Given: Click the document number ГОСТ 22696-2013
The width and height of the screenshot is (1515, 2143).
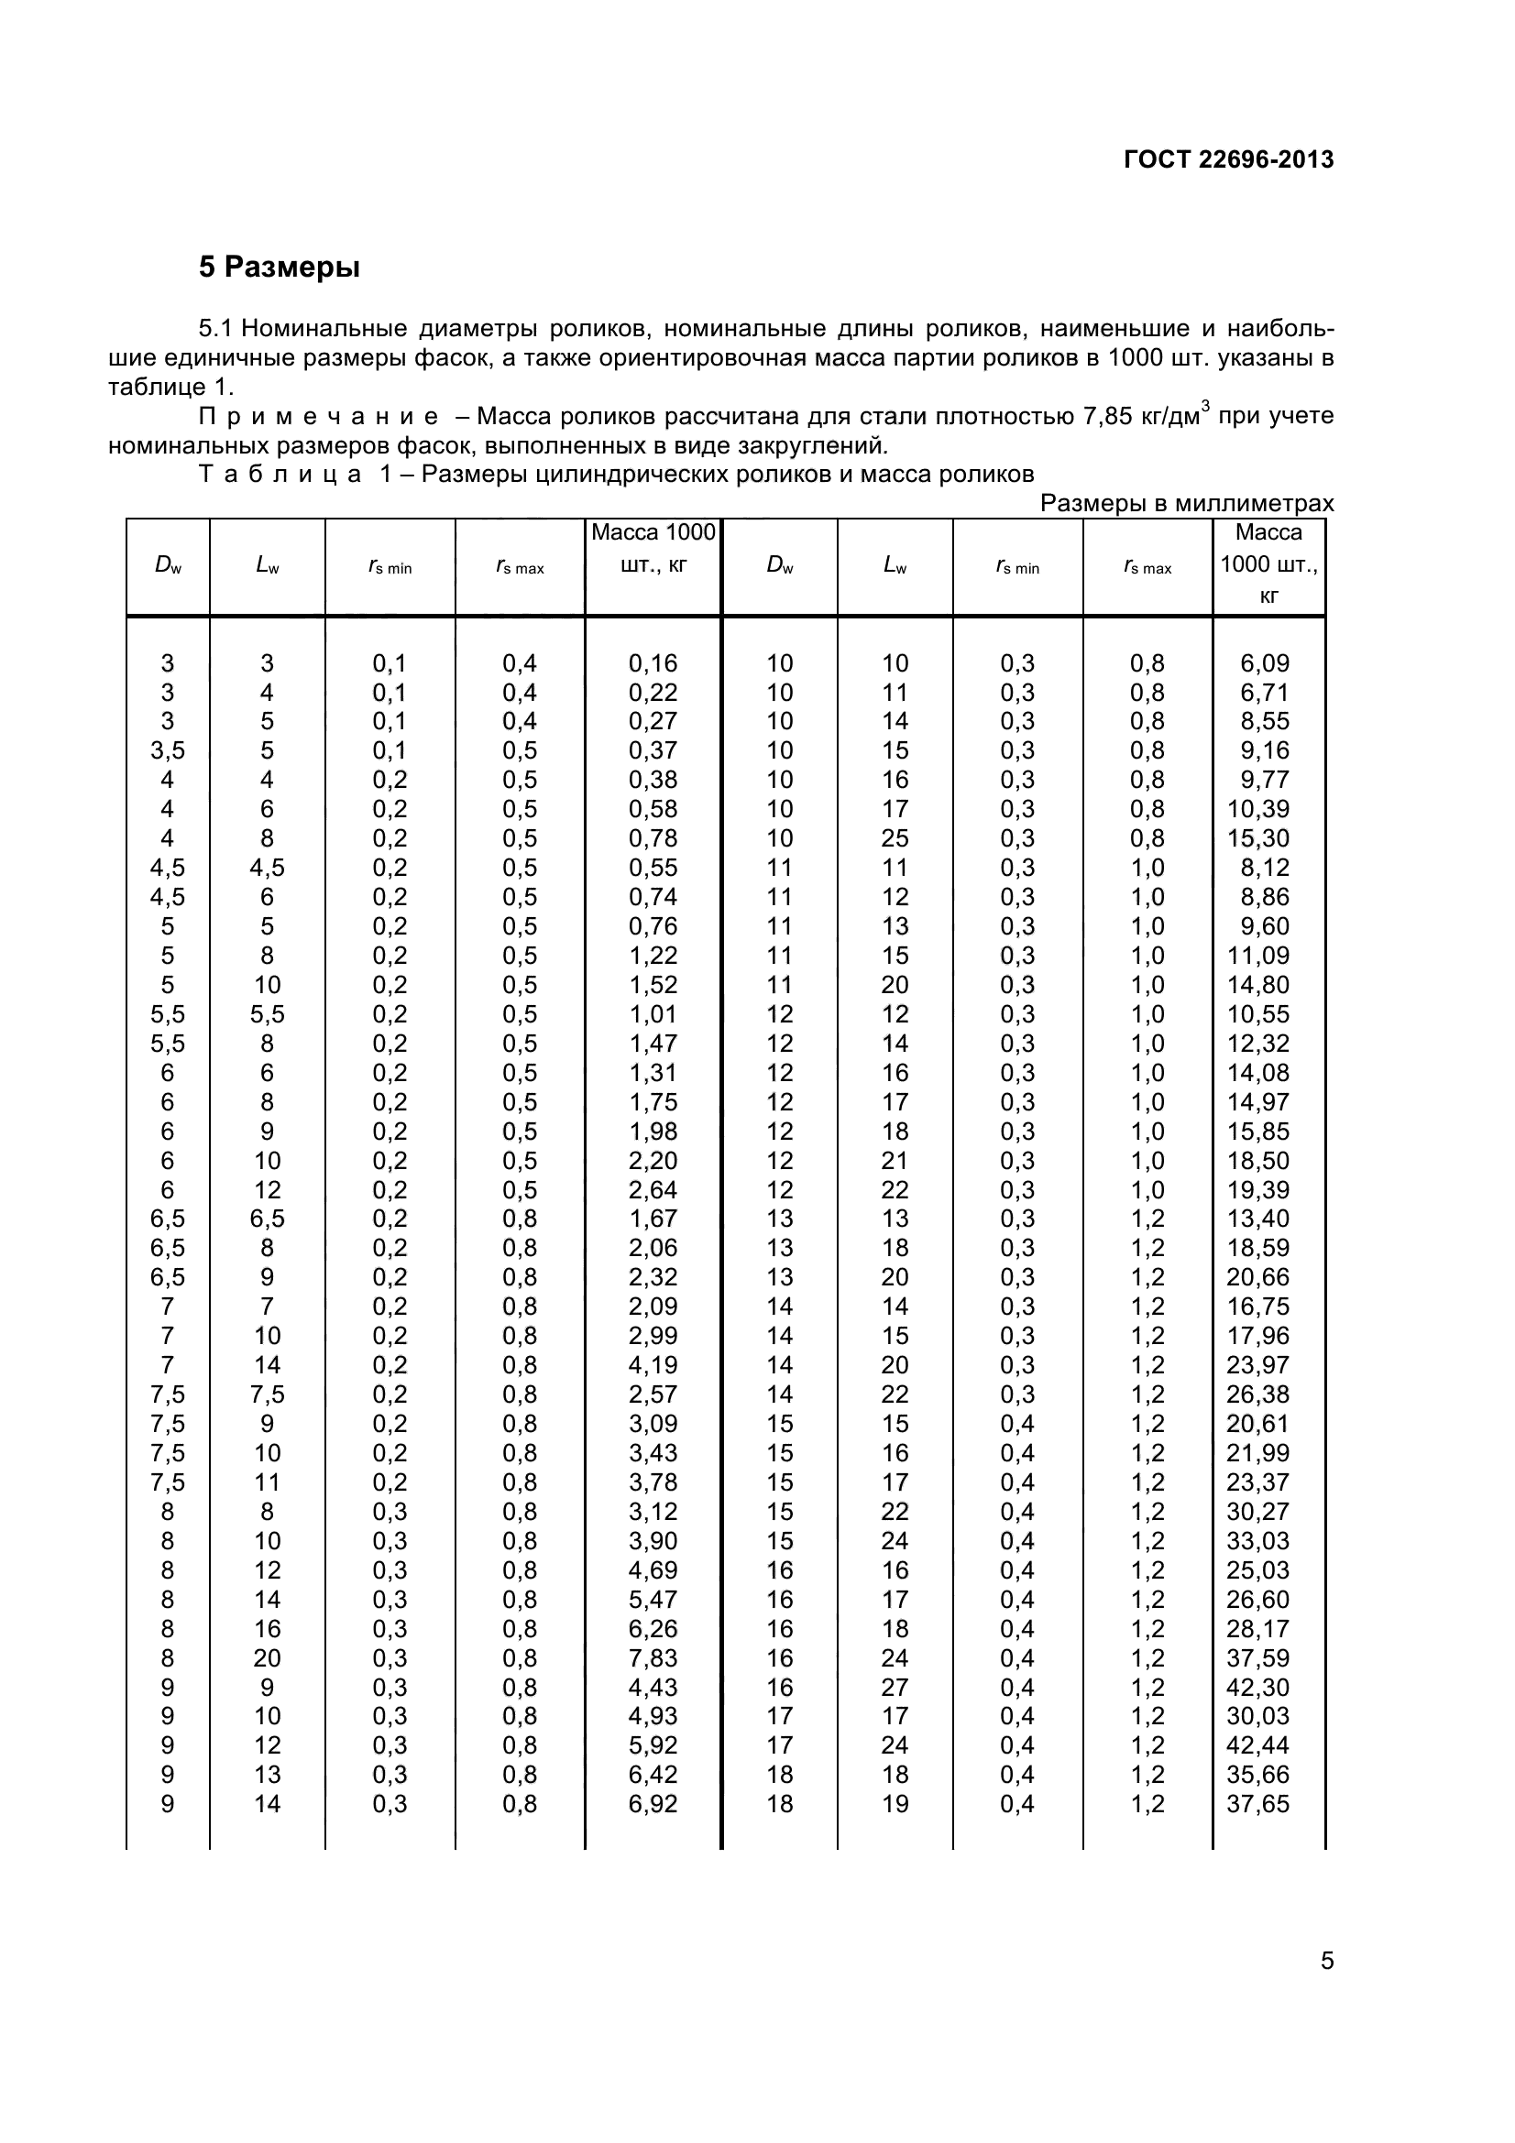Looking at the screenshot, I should tap(1227, 159).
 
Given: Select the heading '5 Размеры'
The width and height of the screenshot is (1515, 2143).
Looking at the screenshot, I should tap(280, 267).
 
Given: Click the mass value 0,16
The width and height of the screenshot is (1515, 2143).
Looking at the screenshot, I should tap(653, 663).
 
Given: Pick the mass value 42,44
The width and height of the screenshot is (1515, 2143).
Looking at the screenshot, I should tap(1257, 1745).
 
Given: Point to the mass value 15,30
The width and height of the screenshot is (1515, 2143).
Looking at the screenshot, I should tap(1257, 838).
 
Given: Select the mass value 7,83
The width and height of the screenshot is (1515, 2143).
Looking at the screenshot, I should tap(653, 1657).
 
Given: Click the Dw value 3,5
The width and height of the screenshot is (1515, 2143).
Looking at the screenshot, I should tap(167, 750).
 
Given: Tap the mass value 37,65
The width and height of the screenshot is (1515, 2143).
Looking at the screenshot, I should tap(1257, 1804).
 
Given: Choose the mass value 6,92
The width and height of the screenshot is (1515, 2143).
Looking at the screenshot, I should tap(653, 1804).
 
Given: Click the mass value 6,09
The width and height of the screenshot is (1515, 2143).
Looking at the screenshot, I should tap(1264, 663).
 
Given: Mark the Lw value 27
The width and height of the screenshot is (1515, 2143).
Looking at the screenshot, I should tap(895, 1688).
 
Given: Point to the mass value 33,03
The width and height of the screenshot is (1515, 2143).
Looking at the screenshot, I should tap(1257, 1541).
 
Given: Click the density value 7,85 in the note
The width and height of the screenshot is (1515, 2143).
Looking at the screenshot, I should tap(1108, 416).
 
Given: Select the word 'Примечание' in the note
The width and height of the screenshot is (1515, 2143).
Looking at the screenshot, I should tap(317, 416).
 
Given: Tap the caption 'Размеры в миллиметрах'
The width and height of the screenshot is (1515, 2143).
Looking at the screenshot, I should tap(1186, 503).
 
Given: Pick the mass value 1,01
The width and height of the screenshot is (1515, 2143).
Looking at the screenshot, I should tap(653, 1013).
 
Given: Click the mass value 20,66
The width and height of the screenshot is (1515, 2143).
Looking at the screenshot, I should tap(1257, 1277).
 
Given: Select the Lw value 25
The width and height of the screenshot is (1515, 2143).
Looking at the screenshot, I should tap(895, 838).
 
